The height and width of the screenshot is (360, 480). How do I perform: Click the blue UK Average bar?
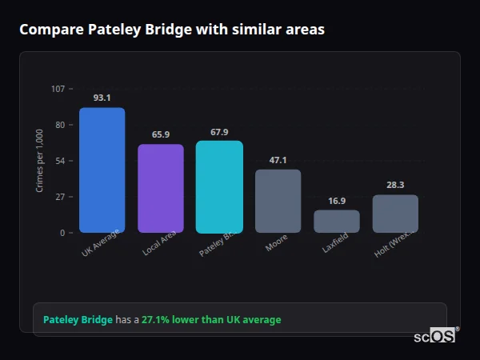coord(102,170)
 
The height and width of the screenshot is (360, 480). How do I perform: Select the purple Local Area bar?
coord(161,189)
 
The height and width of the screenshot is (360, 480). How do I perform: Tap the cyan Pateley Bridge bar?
coord(219,187)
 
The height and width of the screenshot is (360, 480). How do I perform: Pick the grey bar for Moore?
coord(278,201)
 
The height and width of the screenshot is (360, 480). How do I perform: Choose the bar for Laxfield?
coord(337,222)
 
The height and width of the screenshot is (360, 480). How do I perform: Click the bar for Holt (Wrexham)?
coord(395,214)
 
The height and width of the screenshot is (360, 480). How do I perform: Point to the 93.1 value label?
coord(102,98)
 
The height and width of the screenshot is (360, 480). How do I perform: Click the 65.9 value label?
coord(161,134)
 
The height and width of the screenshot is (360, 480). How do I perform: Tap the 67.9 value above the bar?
coord(219,131)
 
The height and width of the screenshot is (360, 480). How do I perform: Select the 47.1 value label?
coord(278,160)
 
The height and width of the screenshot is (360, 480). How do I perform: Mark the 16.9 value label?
coord(337,201)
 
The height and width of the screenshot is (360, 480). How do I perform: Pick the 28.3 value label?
coord(395,185)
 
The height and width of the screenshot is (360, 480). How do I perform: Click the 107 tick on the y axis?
coord(58,89)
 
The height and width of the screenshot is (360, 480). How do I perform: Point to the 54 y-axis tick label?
coord(60,161)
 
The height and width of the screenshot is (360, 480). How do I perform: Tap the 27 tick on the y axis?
coord(60,197)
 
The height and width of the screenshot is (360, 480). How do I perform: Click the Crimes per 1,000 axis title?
coord(39,161)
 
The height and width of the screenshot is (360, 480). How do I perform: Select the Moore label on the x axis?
coord(277,243)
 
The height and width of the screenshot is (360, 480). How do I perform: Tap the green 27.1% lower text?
coord(211,320)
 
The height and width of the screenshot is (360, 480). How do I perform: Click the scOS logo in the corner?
coord(435,336)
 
